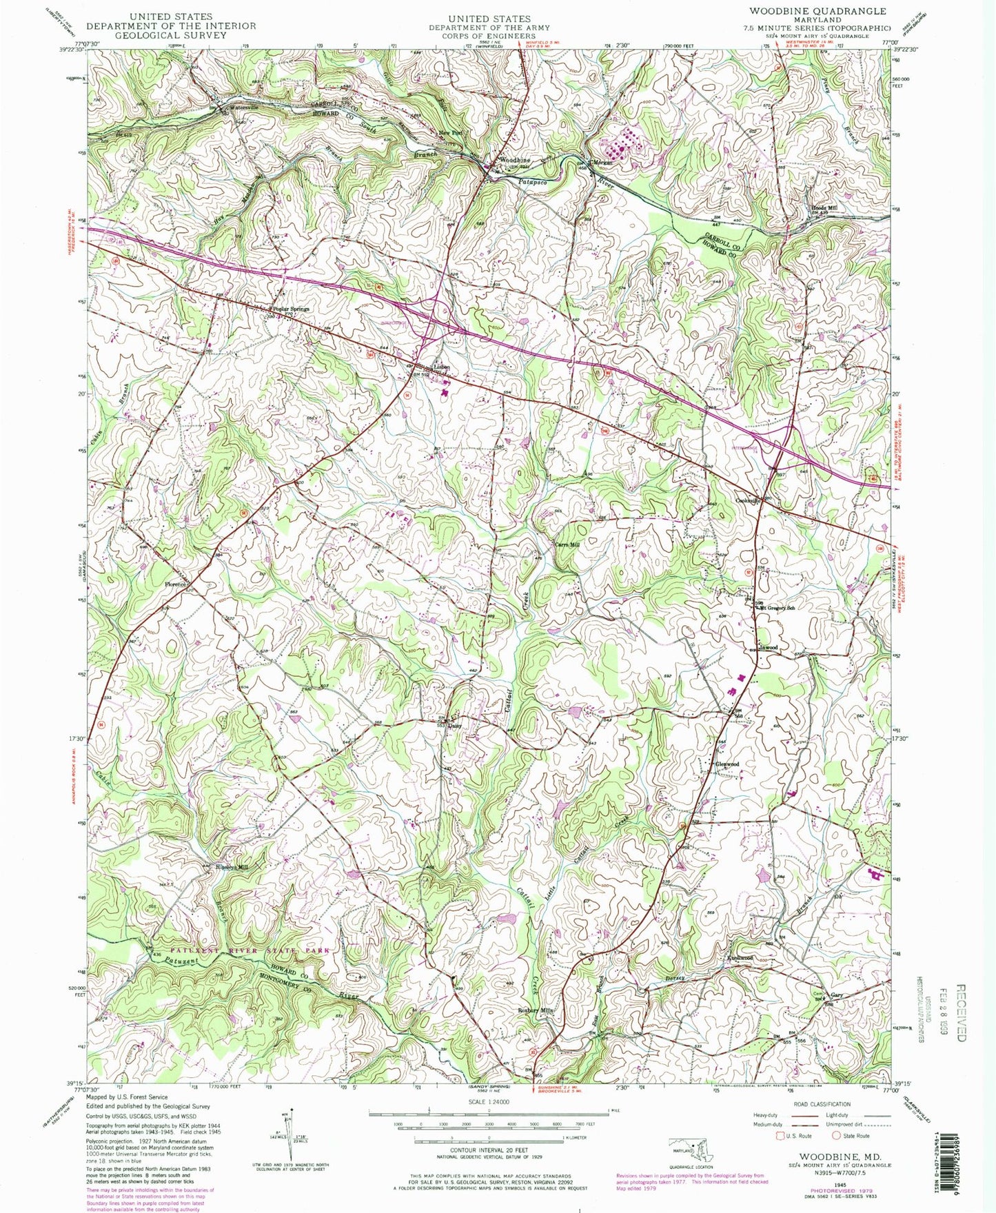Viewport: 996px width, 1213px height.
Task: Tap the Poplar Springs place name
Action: [x=291, y=309]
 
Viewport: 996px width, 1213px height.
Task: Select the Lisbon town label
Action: [x=441, y=367]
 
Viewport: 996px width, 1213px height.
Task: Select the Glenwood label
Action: [x=727, y=764]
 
